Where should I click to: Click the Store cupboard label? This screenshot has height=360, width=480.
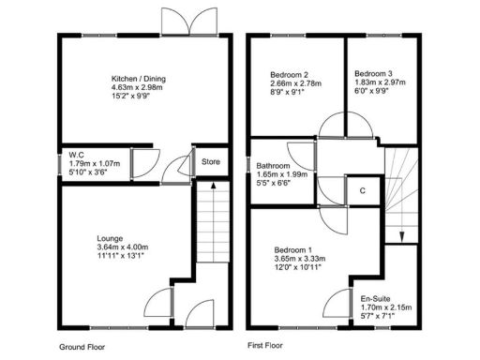pos(211,162)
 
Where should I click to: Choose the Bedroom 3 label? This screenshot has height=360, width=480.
pos(373,75)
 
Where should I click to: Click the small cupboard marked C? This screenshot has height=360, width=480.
pos(362,189)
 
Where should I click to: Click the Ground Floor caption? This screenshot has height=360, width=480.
pos(82,345)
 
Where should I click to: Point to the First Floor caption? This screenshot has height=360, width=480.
pos(266,345)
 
